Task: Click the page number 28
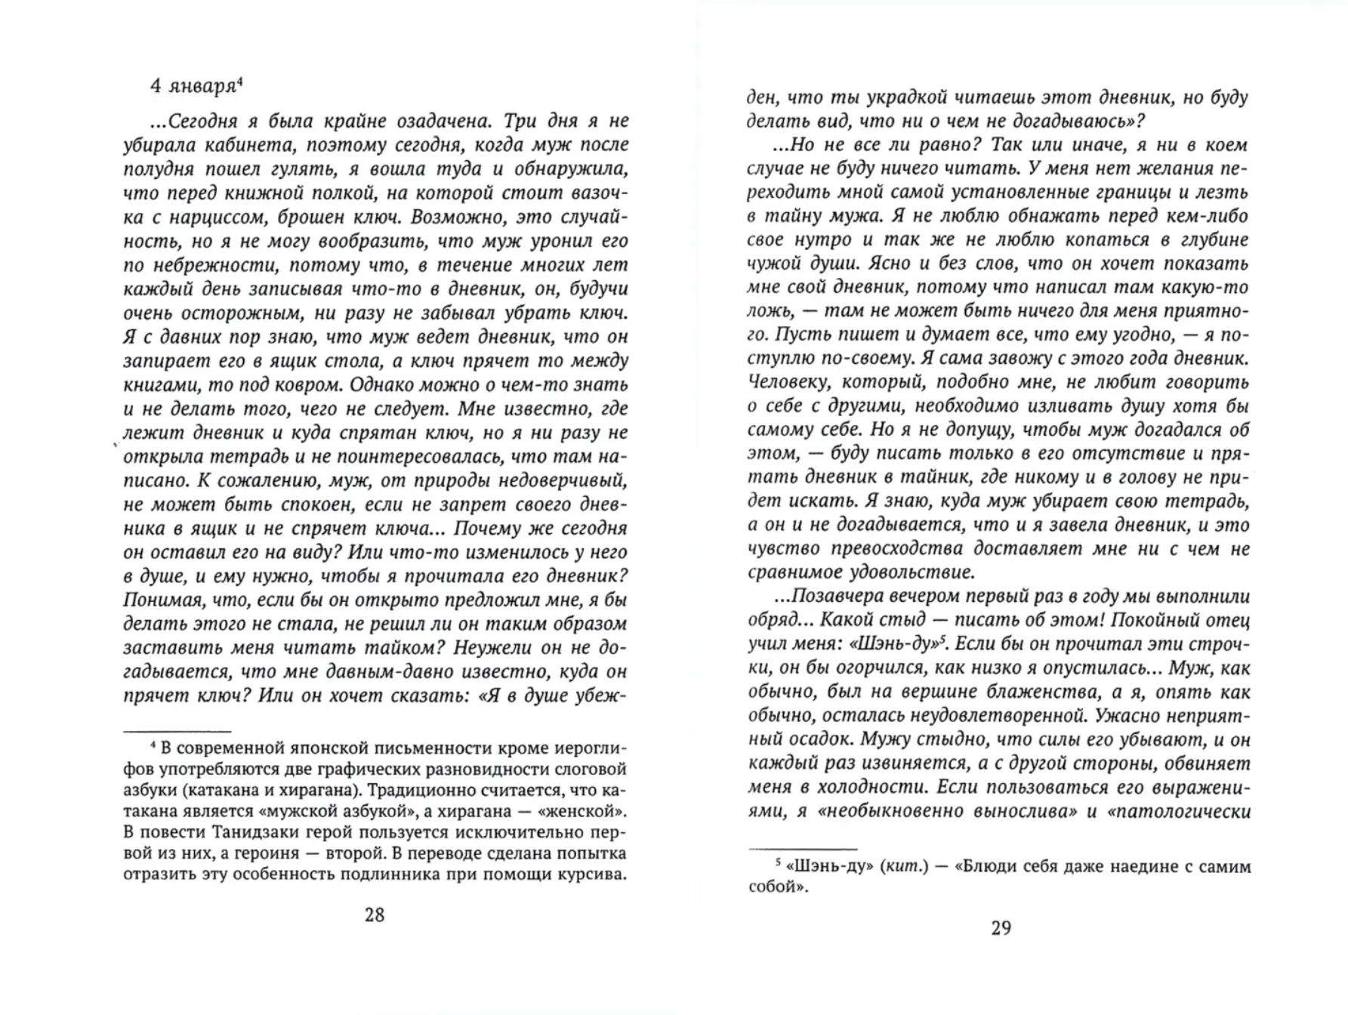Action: (375, 915)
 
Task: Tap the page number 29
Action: (1000, 928)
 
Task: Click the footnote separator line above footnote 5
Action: (802, 850)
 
